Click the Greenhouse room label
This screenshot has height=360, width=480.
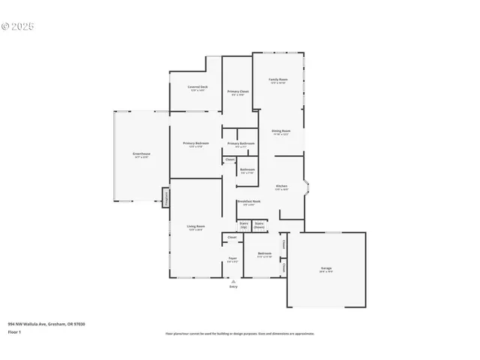click(142, 154)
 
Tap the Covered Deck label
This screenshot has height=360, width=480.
click(198, 88)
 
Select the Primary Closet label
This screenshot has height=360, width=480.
click(238, 93)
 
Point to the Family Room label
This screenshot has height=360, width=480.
click(279, 80)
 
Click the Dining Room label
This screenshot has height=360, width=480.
click(281, 132)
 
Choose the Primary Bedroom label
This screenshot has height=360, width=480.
click(196, 144)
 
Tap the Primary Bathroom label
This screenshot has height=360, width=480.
click(241, 145)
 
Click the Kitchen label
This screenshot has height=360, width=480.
click(281, 187)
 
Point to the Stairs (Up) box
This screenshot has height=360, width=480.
click(244, 225)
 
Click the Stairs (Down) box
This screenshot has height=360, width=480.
click(259, 225)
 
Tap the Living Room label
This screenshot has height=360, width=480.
click(196, 227)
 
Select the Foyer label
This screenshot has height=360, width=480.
click(232, 260)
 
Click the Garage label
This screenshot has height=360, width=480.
click(326, 268)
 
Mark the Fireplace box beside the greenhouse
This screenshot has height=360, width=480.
click(166, 196)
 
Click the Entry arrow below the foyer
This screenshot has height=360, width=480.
click(232, 282)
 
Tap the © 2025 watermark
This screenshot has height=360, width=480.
click(19, 26)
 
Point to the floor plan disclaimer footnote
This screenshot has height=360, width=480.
click(240, 334)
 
